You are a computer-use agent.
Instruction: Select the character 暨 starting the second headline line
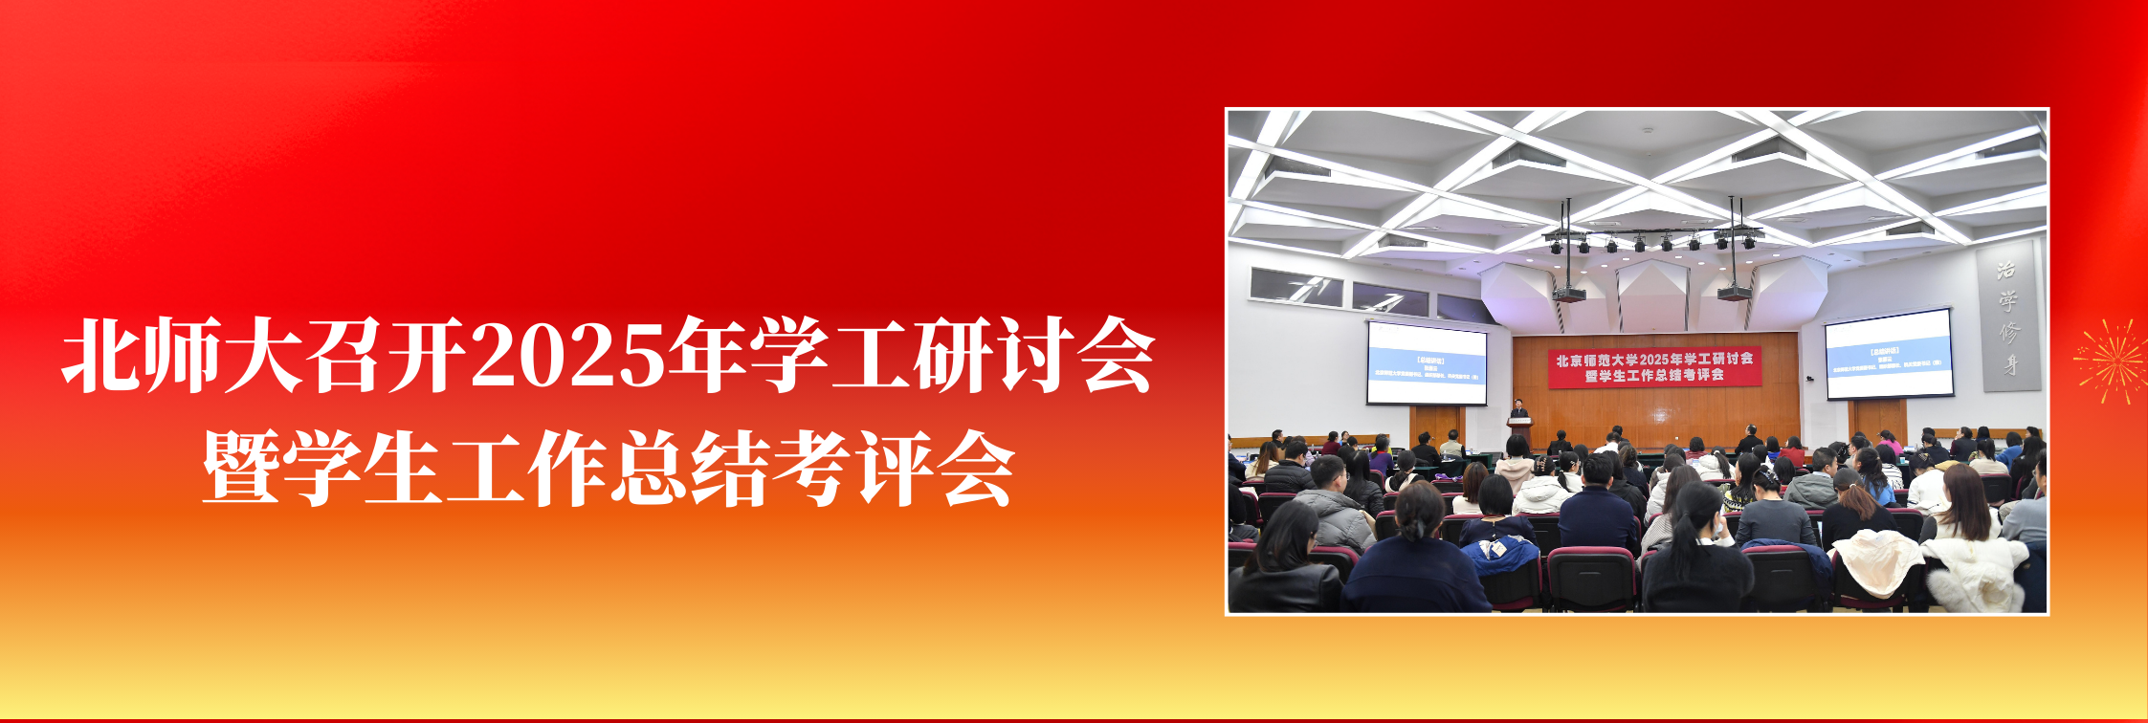pyautogui.click(x=241, y=469)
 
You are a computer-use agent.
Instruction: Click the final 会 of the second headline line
pyautogui.click(x=976, y=469)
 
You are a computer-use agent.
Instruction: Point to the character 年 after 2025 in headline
pyautogui.click(x=707, y=356)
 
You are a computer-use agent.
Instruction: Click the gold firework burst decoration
pyautogui.click(x=2111, y=361)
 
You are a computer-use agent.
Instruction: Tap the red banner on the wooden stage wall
pyautogui.click(x=1654, y=367)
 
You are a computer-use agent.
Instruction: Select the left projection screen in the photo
pyautogui.click(x=1426, y=363)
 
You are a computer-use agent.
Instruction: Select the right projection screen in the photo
pyautogui.click(x=1888, y=354)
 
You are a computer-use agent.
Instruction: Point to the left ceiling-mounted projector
pyautogui.click(x=1568, y=293)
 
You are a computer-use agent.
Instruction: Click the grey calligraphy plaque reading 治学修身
pyautogui.click(x=2007, y=318)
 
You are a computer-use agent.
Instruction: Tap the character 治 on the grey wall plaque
pyautogui.click(x=2006, y=271)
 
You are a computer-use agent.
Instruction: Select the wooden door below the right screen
pyautogui.click(x=1878, y=421)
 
